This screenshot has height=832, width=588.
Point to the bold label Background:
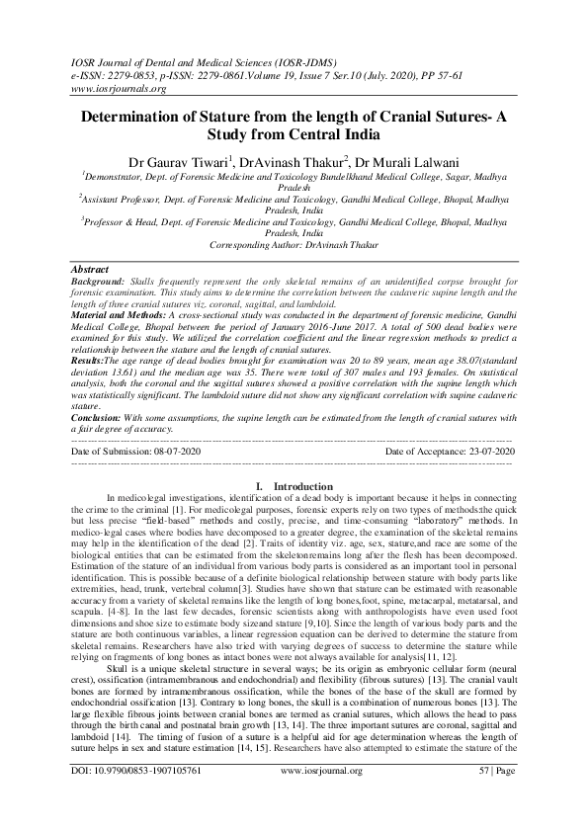pyautogui.click(x=101, y=281)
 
